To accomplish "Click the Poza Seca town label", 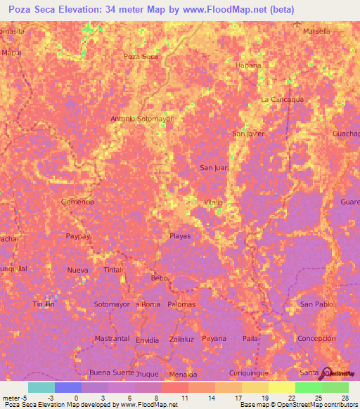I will point(140,56).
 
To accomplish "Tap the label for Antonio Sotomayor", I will point(141,119).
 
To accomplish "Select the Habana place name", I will point(248,65).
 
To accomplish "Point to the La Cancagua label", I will point(281,100).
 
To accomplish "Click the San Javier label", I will point(248,133).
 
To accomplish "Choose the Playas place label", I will point(180,236).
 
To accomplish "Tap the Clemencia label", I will point(78,202).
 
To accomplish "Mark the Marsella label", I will point(316,32).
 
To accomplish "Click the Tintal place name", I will point(113,270).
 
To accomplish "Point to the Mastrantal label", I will point(112,339).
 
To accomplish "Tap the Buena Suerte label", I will point(110,372).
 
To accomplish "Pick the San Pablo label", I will point(316,304).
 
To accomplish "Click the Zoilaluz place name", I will point(181,339).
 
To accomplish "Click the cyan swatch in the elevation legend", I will point(41,387).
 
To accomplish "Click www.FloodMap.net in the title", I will point(229,9).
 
